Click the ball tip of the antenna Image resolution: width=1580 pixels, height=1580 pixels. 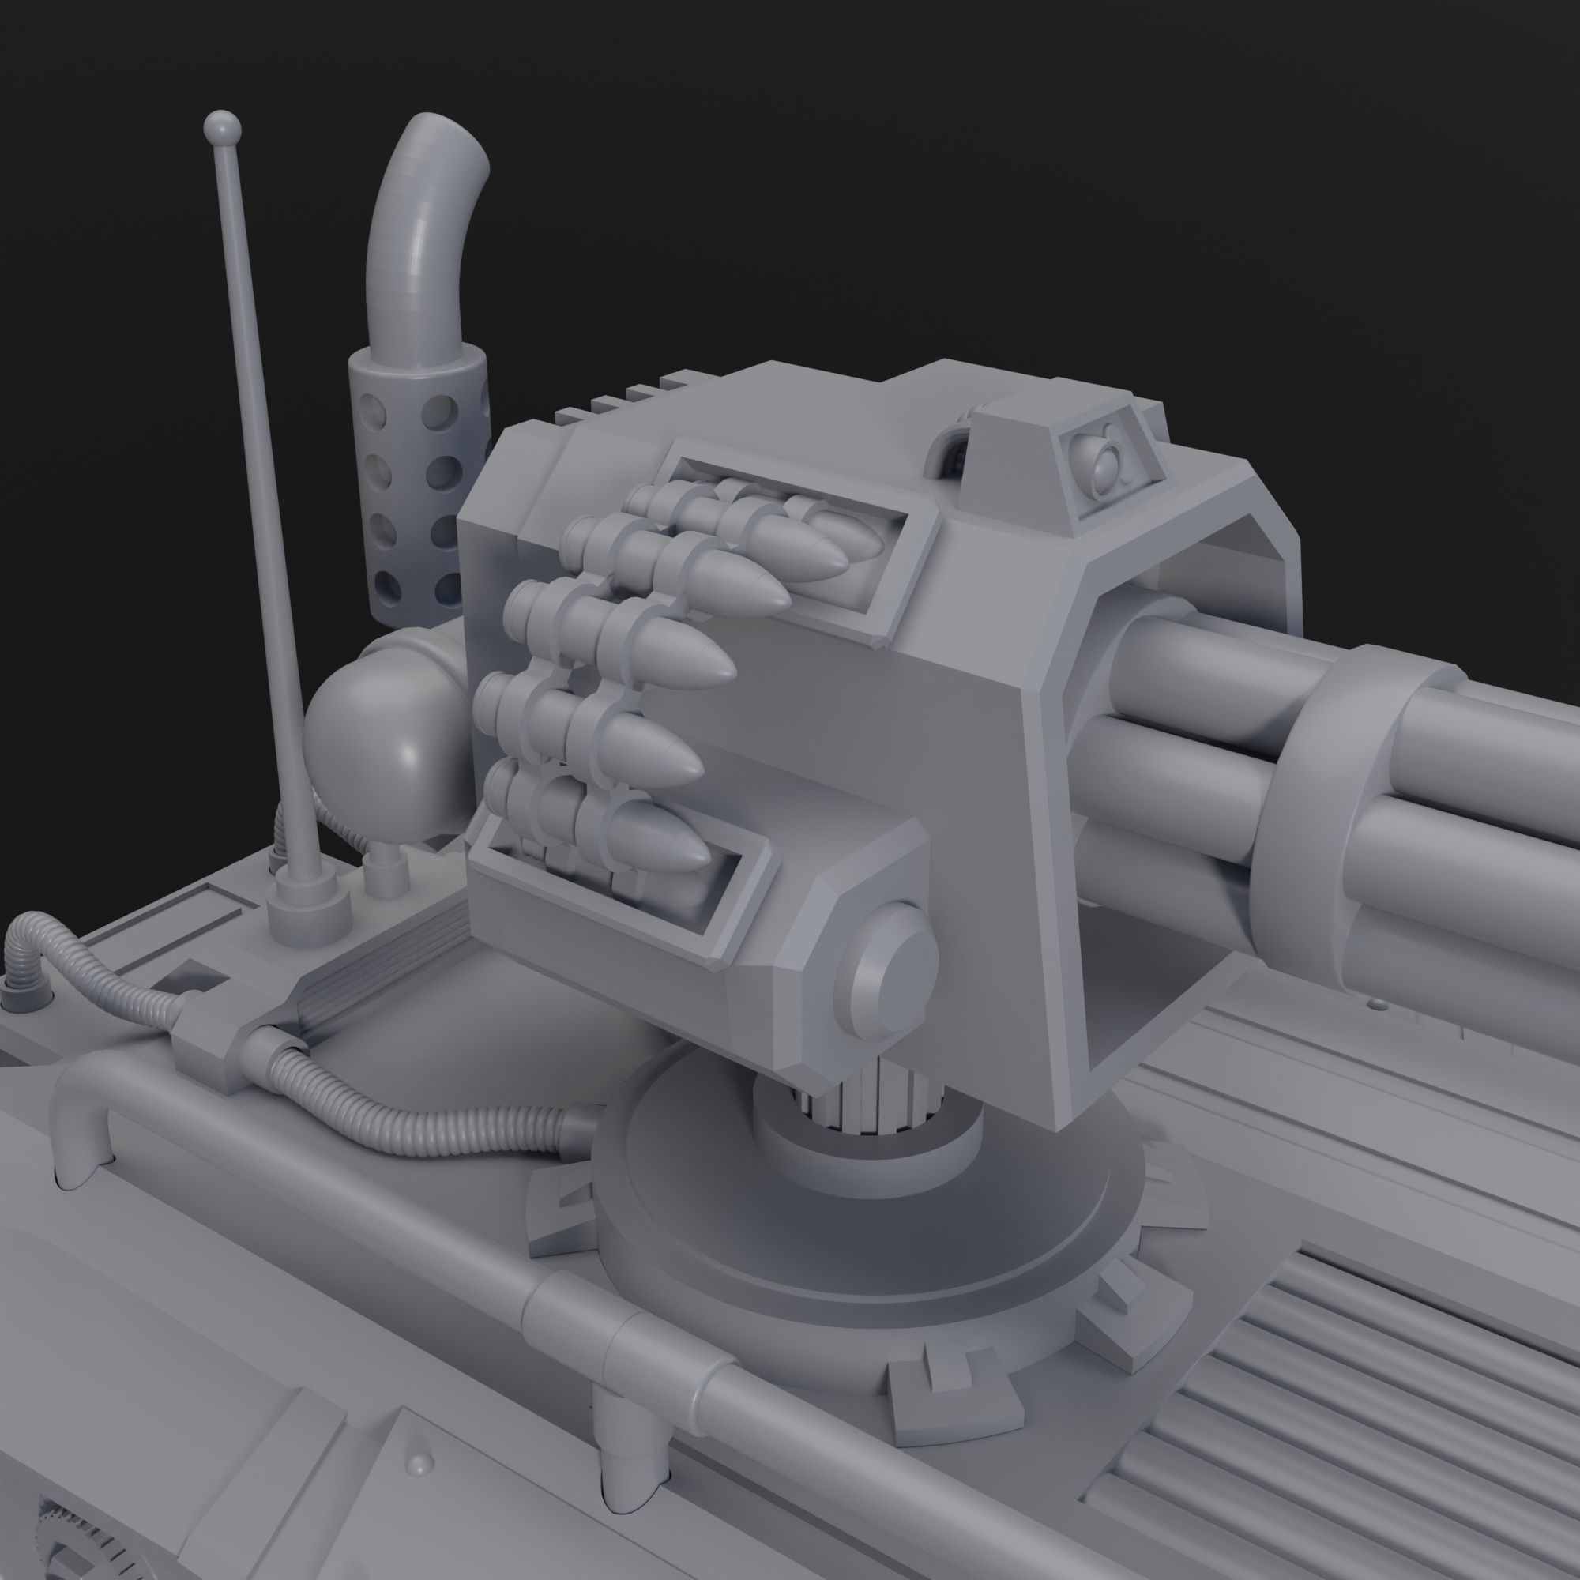(x=223, y=126)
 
